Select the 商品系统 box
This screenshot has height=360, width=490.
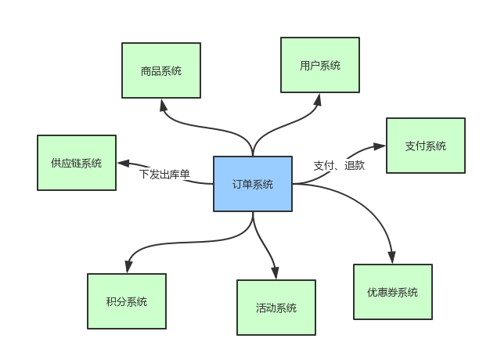click(161, 70)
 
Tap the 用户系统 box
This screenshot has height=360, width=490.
click(320, 65)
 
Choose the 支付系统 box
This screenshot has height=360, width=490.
click(425, 146)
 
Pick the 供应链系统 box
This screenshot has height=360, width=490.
click(77, 163)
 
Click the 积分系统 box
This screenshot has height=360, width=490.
click(126, 301)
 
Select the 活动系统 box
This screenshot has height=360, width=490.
click(276, 308)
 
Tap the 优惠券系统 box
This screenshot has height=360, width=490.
click(392, 292)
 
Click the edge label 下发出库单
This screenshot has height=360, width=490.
click(164, 174)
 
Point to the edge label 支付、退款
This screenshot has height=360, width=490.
click(339, 165)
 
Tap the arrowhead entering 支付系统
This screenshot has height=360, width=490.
click(380, 146)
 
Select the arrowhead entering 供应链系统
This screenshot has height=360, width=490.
click(122, 164)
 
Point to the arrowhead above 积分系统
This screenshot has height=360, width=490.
click(127, 268)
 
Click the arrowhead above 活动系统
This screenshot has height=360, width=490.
click(276, 274)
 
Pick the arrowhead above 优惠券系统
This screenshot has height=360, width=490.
click(391, 259)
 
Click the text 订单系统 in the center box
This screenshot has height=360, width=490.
click(252, 185)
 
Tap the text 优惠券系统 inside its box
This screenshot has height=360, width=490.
click(392, 293)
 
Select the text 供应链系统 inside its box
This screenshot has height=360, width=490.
click(77, 164)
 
